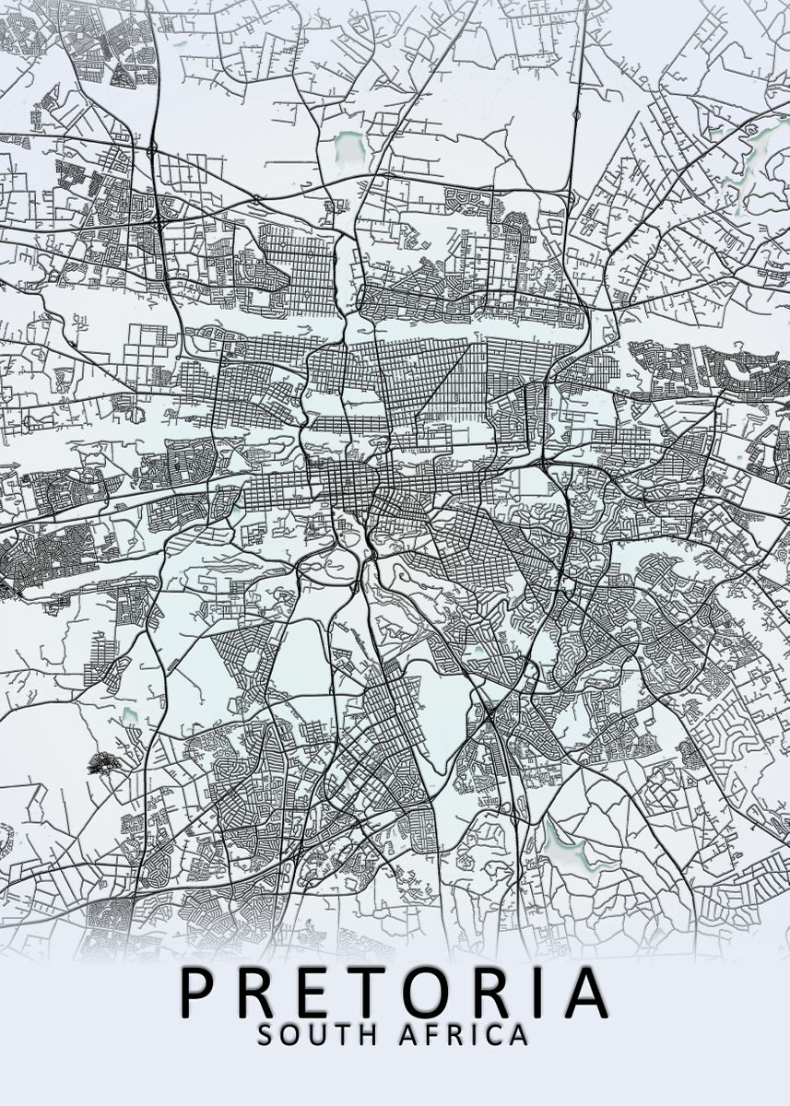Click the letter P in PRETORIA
click(x=201, y=993)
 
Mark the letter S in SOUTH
click(x=265, y=1035)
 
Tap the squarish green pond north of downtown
click(x=349, y=145)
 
